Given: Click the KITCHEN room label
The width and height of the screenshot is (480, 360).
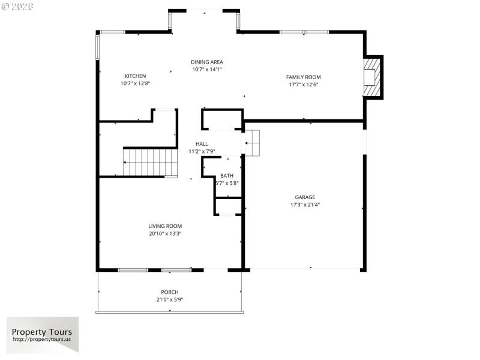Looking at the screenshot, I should [135, 76].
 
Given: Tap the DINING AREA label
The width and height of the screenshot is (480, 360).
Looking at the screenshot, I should [207, 62].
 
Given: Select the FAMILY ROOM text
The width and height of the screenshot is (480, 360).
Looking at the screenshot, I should [303, 77].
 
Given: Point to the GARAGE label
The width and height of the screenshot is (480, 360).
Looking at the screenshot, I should [305, 197].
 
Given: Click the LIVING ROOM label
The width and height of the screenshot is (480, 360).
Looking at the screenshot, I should [165, 226].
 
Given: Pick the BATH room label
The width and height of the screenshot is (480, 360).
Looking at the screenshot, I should [226, 176].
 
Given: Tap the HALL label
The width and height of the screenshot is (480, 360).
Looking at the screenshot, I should [202, 144].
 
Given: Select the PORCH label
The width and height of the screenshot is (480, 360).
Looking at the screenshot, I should [170, 292].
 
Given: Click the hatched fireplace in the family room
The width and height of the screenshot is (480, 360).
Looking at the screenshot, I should [372, 77].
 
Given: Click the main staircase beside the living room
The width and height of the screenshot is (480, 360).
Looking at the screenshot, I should [150, 162].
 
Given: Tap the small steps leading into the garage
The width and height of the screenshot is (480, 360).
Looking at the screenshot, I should [252, 143].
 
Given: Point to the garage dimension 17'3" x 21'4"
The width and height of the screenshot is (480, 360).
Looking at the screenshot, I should [305, 205].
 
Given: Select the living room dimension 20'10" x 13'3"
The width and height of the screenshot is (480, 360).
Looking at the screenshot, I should [165, 234].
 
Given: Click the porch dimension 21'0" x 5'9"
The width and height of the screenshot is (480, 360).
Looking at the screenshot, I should [170, 299].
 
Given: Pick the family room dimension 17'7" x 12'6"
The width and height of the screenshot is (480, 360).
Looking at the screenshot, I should [303, 85].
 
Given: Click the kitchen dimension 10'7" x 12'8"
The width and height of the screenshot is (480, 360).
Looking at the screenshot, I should [135, 84].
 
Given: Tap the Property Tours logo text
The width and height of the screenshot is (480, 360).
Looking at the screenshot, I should [42, 332].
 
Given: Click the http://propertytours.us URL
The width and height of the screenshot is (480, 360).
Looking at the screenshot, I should [42, 340].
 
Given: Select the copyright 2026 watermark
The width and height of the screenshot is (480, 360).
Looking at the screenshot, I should [18, 6].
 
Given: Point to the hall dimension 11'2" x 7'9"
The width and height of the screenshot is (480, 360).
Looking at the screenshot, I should [202, 152].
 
